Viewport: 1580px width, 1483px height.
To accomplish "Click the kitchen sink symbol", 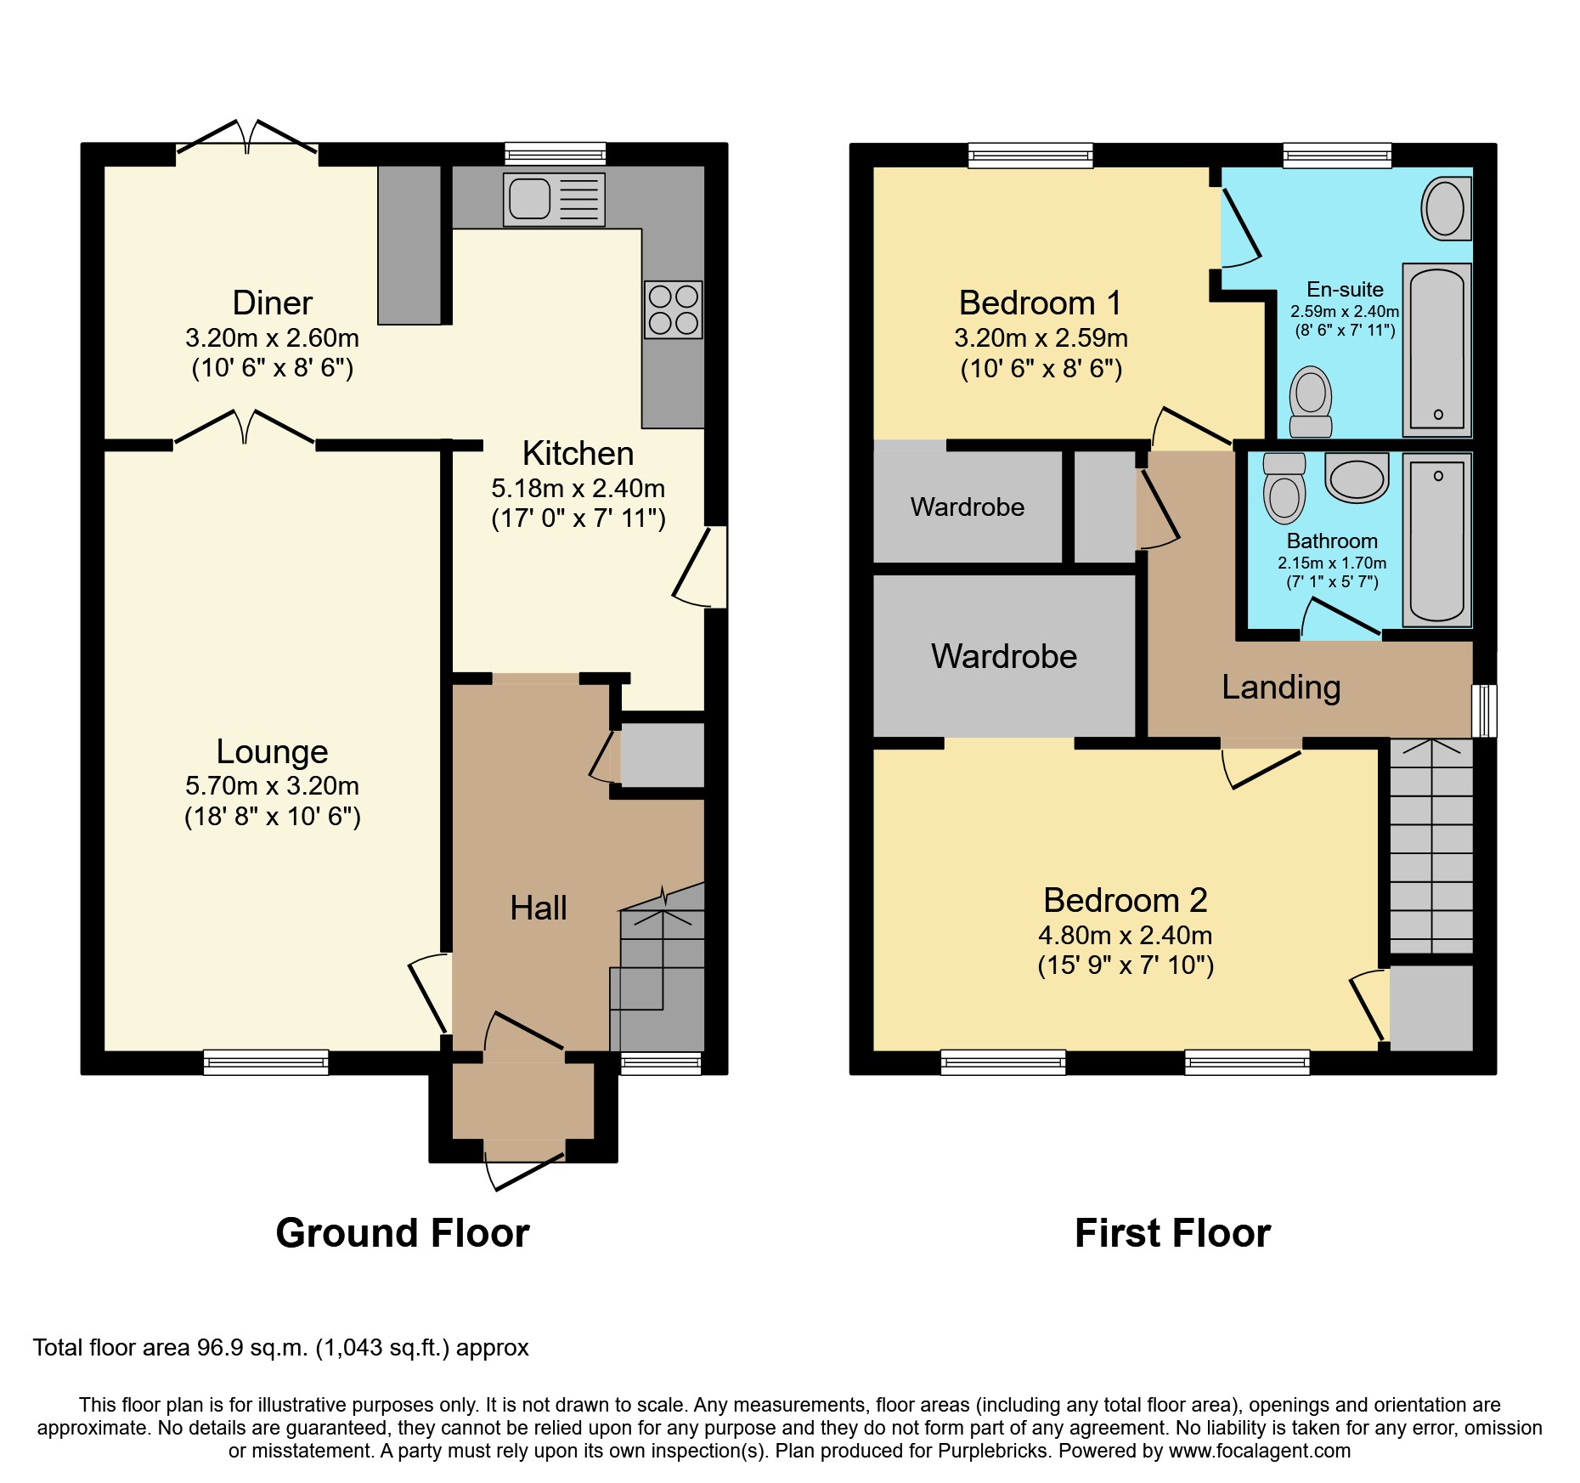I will [553, 200].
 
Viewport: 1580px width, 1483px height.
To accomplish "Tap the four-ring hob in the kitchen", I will [673, 309].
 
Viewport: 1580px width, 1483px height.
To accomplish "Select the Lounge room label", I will [272, 751].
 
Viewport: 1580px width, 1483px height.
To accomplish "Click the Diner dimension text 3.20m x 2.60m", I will [272, 338].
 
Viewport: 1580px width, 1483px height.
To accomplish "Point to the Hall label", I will [538, 908].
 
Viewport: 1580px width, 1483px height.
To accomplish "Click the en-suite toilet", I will [1311, 402].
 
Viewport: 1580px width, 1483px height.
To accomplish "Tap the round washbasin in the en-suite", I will [1445, 208].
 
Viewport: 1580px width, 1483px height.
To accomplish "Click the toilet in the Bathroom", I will [1284, 489].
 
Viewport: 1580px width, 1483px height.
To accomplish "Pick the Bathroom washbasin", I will [1357, 478].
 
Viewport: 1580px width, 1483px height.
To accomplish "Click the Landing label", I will [1280, 687].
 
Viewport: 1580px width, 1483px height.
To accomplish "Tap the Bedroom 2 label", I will [1125, 900].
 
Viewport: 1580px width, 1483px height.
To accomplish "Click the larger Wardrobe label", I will [1003, 656].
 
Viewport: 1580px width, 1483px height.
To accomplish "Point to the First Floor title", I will [1171, 1233].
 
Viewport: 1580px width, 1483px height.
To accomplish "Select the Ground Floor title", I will [402, 1233].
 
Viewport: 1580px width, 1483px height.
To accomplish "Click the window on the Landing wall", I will [1484, 710].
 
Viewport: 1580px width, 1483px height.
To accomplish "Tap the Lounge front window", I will [266, 1061].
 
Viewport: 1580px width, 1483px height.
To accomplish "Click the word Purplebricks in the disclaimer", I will [992, 1451].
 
